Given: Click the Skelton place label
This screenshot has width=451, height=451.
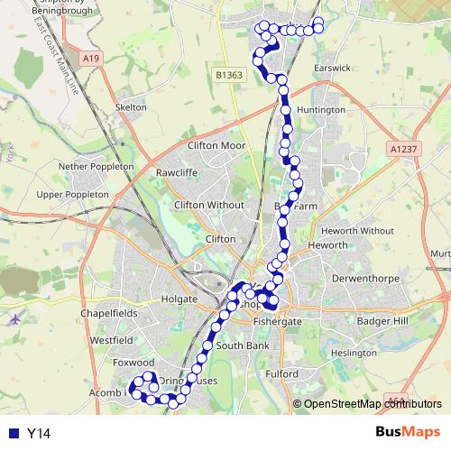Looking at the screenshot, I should pyautogui.click(x=131, y=107).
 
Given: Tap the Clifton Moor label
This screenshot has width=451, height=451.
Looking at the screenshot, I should pyautogui.click(x=216, y=145).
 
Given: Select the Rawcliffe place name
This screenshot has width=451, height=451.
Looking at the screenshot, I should pyautogui.click(x=176, y=171).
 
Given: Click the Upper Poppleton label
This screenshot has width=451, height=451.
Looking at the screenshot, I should pyautogui.click(x=72, y=194).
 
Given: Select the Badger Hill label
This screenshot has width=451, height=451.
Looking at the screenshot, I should pyautogui.click(x=382, y=321).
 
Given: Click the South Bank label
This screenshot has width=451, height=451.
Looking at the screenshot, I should pyautogui.click(x=242, y=345).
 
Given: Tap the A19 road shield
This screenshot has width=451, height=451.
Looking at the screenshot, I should pyautogui.click(x=89, y=59).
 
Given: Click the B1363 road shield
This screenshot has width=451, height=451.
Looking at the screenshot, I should pyautogui.click(x=229, y=76).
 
